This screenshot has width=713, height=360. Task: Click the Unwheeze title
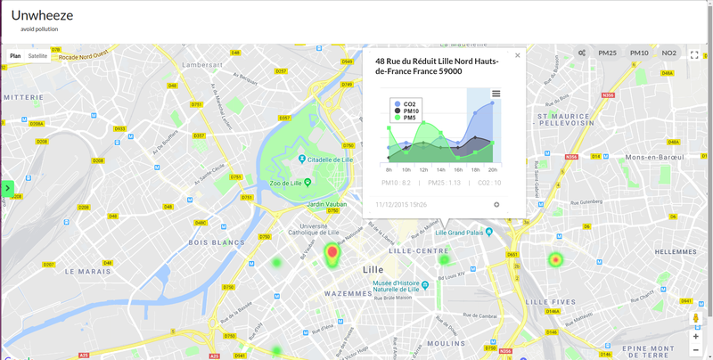tap(42, 15)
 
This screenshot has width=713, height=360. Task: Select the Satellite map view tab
tap(37, 56)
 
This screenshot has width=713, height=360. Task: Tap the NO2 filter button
tap(668, 53)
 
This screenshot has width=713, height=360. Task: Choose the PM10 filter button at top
tap(639, 53)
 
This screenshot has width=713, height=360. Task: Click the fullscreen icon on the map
tap(694, 55)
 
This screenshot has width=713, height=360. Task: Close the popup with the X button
tap(517, 55)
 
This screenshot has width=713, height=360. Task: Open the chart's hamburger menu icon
tap(496, 94)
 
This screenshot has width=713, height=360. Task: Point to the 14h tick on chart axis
tap(440, 169)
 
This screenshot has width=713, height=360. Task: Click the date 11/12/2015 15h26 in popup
tap(401, 205)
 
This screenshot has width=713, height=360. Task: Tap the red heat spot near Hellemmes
tap(555, 260)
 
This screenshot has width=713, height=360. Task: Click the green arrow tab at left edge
tap(7, 188)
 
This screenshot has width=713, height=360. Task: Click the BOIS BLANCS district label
tap(217, 242)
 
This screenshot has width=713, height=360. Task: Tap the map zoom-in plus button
tap(695, 337)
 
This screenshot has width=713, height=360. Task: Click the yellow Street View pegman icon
tap(695, 318)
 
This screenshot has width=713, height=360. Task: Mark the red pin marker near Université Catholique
tap(332, 254)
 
